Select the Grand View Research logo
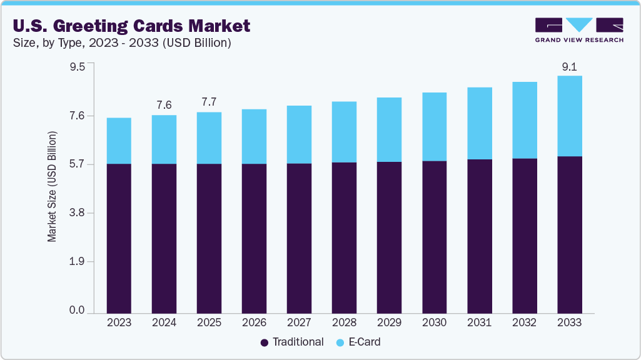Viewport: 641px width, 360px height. point(578,29)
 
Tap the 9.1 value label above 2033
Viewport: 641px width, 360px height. point(569,66)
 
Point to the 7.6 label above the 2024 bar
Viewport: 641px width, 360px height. point(164,104)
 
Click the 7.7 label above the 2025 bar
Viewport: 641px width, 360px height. point(209,102)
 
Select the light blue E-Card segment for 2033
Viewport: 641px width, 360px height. point(569,116)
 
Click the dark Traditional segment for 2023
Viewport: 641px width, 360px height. point(119,237)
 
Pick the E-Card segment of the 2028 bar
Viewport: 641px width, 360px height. point(344,132)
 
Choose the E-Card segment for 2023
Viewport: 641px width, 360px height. point(119,141)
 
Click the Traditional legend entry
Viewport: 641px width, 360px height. point(291,342)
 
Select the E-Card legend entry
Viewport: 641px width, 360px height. point(358,342)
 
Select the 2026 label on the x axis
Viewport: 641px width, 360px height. point(254,323)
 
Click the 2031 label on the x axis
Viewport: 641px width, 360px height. point(479,323)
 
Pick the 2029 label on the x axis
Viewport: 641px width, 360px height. point(389,323)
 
